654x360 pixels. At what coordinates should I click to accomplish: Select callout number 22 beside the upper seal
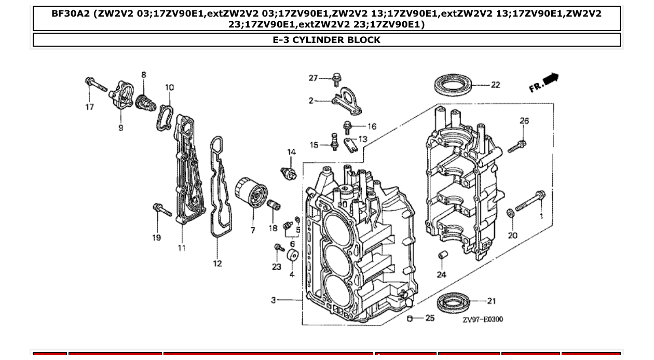pyautogui.click(x=495, y=85)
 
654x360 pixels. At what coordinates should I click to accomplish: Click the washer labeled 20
pyautogui.click(x=511, y=213)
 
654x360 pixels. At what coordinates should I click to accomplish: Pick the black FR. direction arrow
pyautogui.click(x=550, y=79)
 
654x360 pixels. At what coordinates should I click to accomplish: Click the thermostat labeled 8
pyautogui.click(x=145, y=101)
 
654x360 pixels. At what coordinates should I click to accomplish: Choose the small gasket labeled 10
pyautogui.click(x=165, y=117)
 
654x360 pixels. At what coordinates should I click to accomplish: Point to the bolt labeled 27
pyautogui.click(x=337, y=79)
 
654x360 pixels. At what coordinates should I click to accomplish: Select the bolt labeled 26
pyautogui.click(x=517, y=146)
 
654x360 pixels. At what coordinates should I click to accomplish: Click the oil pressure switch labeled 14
pyautogui.click(x=288, y=173)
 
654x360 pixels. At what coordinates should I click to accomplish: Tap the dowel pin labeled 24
pyautogui.click(x=443, y=256)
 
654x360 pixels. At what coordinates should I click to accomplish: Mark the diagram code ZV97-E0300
pyautogui.click(x=482, y=320)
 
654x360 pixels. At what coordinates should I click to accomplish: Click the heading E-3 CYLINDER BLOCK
pyautogui.click(x=326, y=40)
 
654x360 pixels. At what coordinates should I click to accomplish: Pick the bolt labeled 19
pyautogui.click(x=162, y=210)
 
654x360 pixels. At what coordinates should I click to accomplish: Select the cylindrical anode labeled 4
pyautogui.click(x=292, y=256)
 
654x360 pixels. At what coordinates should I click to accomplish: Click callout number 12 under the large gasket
pyautogui.click(x=217, y=264)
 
